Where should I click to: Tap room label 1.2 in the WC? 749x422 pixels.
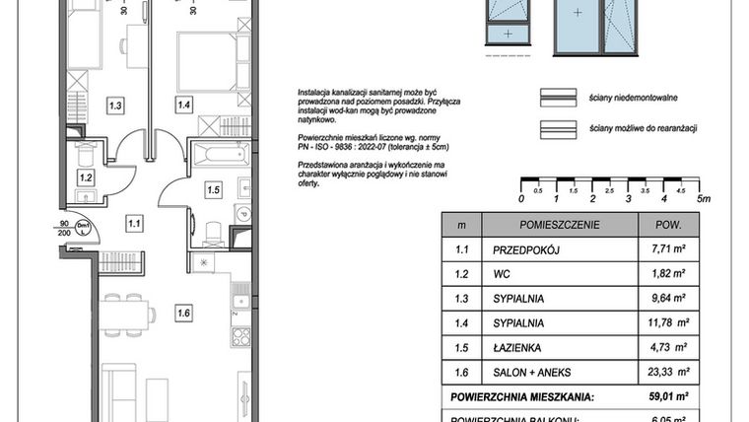pyautogui.click(x=86, y=178)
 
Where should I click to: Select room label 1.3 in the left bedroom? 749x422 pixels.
pyautogui.click(x=115, y=105)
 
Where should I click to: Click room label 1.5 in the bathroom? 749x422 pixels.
pyautogui.click(x=213, y=188)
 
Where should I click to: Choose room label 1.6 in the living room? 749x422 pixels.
pyautogui.click(x=183, y=315)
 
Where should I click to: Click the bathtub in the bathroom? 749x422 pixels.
pyautogui.click(x=221, y=155)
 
